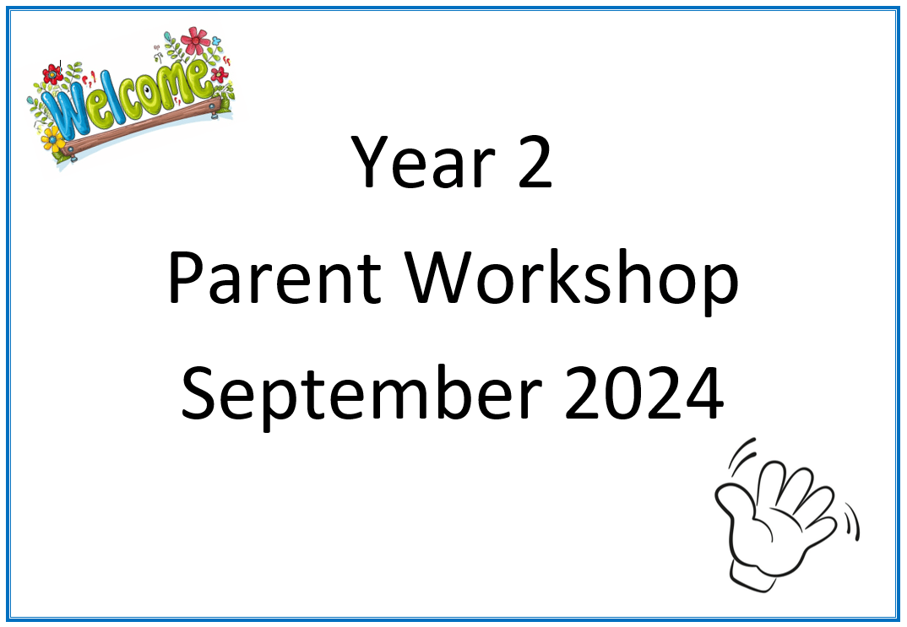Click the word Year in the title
[423, 161]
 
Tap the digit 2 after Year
[535, 162]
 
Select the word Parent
[274, 278]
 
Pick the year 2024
[644, 393]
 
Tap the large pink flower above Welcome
[196, 41]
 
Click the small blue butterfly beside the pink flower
[216, 41]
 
